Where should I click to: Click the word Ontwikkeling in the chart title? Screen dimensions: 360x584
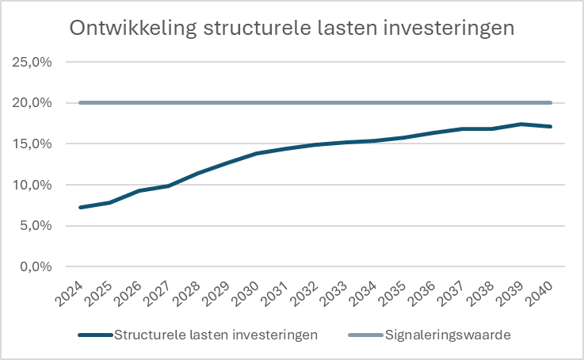pos(132,28)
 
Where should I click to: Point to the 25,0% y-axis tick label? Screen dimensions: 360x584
pos(32,62)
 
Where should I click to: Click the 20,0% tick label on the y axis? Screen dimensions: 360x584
pos(32,103)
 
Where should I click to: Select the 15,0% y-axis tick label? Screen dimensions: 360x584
pos(32,144)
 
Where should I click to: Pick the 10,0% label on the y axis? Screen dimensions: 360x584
pos(32,185)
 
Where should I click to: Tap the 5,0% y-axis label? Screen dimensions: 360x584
pos(35,226)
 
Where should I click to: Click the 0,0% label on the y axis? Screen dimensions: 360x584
pos(35,267)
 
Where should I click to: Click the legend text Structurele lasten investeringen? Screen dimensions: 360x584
pos(216,335)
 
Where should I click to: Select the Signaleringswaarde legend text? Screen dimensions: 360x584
pos(448,335)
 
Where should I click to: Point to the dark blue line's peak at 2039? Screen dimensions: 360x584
pos(521,124)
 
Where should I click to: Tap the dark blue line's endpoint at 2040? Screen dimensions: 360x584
pos(550,126)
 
